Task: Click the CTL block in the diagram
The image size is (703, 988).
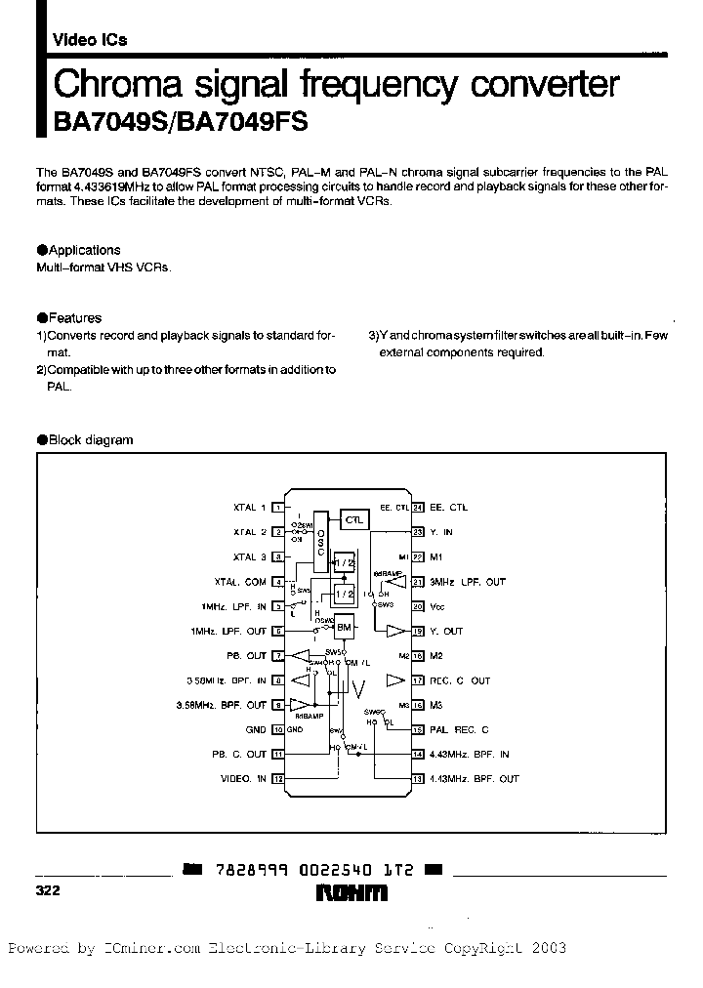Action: pos(353,520)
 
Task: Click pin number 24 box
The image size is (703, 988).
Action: pos(417,508)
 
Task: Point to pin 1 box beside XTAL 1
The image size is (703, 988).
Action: pos(277,508)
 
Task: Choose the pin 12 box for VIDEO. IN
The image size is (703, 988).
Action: pos(277,779)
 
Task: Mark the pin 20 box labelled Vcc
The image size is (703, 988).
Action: pos(417,606)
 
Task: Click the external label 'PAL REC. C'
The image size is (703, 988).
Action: pos(459,729)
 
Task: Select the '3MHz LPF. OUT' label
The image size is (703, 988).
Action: pos(468,582)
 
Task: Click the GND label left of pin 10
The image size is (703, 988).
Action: pos(256,729)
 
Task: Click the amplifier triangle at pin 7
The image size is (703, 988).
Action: pos(306,656)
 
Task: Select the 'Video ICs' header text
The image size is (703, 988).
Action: pos(89,40)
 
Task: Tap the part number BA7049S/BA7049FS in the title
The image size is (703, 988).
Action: pos(173,122)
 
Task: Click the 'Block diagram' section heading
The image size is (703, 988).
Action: pos(90,440)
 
